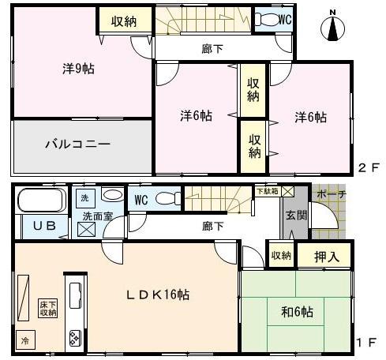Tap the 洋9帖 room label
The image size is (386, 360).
click(x=79, y=69)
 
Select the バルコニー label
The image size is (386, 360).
click(x=77, y=144)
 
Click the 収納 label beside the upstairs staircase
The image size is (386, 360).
click(x=123, y=21)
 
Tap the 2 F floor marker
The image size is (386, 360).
click(x=369, y=167)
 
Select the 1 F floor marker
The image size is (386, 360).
click(x=369, y=343)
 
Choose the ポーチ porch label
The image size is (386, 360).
click(x=330, y=194)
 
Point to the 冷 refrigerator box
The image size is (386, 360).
click(x=24, y=340)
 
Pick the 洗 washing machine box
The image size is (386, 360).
click(x=85, y=195)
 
